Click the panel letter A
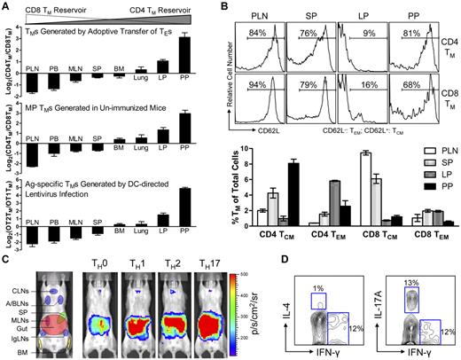[x=6, y=7]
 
